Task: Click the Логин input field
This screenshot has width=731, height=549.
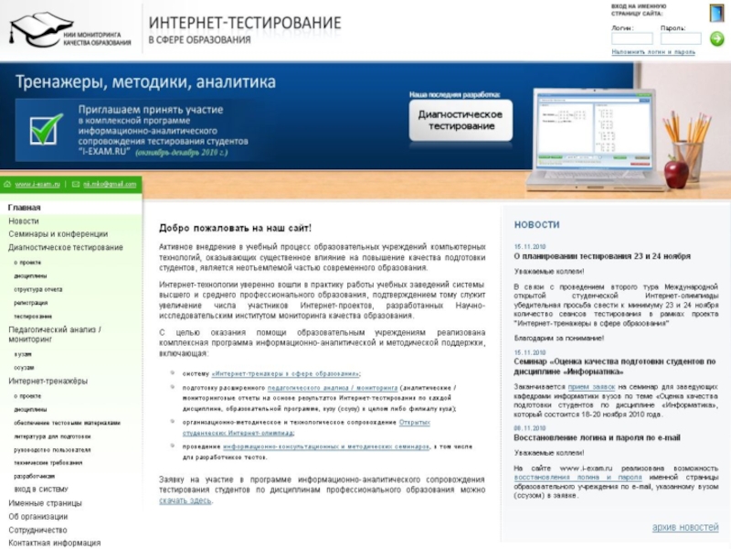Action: [631, 38]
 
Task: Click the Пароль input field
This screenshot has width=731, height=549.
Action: [680, 38]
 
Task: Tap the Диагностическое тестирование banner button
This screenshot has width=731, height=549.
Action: [460, 120]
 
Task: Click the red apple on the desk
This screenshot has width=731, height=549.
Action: [676, 171]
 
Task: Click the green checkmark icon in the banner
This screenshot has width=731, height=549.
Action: [46, 128]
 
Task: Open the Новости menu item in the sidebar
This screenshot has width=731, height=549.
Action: [24, 221]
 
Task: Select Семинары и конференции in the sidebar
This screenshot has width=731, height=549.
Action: [58, 234]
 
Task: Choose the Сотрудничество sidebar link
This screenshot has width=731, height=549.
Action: [37, 530]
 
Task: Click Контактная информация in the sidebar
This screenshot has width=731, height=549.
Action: [54, 543]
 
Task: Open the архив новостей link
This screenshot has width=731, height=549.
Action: [684, 527]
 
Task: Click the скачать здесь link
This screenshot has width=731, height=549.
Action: [185, 501]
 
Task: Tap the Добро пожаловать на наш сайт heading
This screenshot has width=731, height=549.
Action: [235, 228]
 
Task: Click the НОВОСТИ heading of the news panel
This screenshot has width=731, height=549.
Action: [536, 225]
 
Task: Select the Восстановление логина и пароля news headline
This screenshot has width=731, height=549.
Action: [597, 437]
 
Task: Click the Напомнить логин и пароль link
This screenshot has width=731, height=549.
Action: [652, 52]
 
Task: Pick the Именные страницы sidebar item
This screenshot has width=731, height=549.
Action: [45, 503]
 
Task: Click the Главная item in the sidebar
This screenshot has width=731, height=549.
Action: [25, 208]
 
